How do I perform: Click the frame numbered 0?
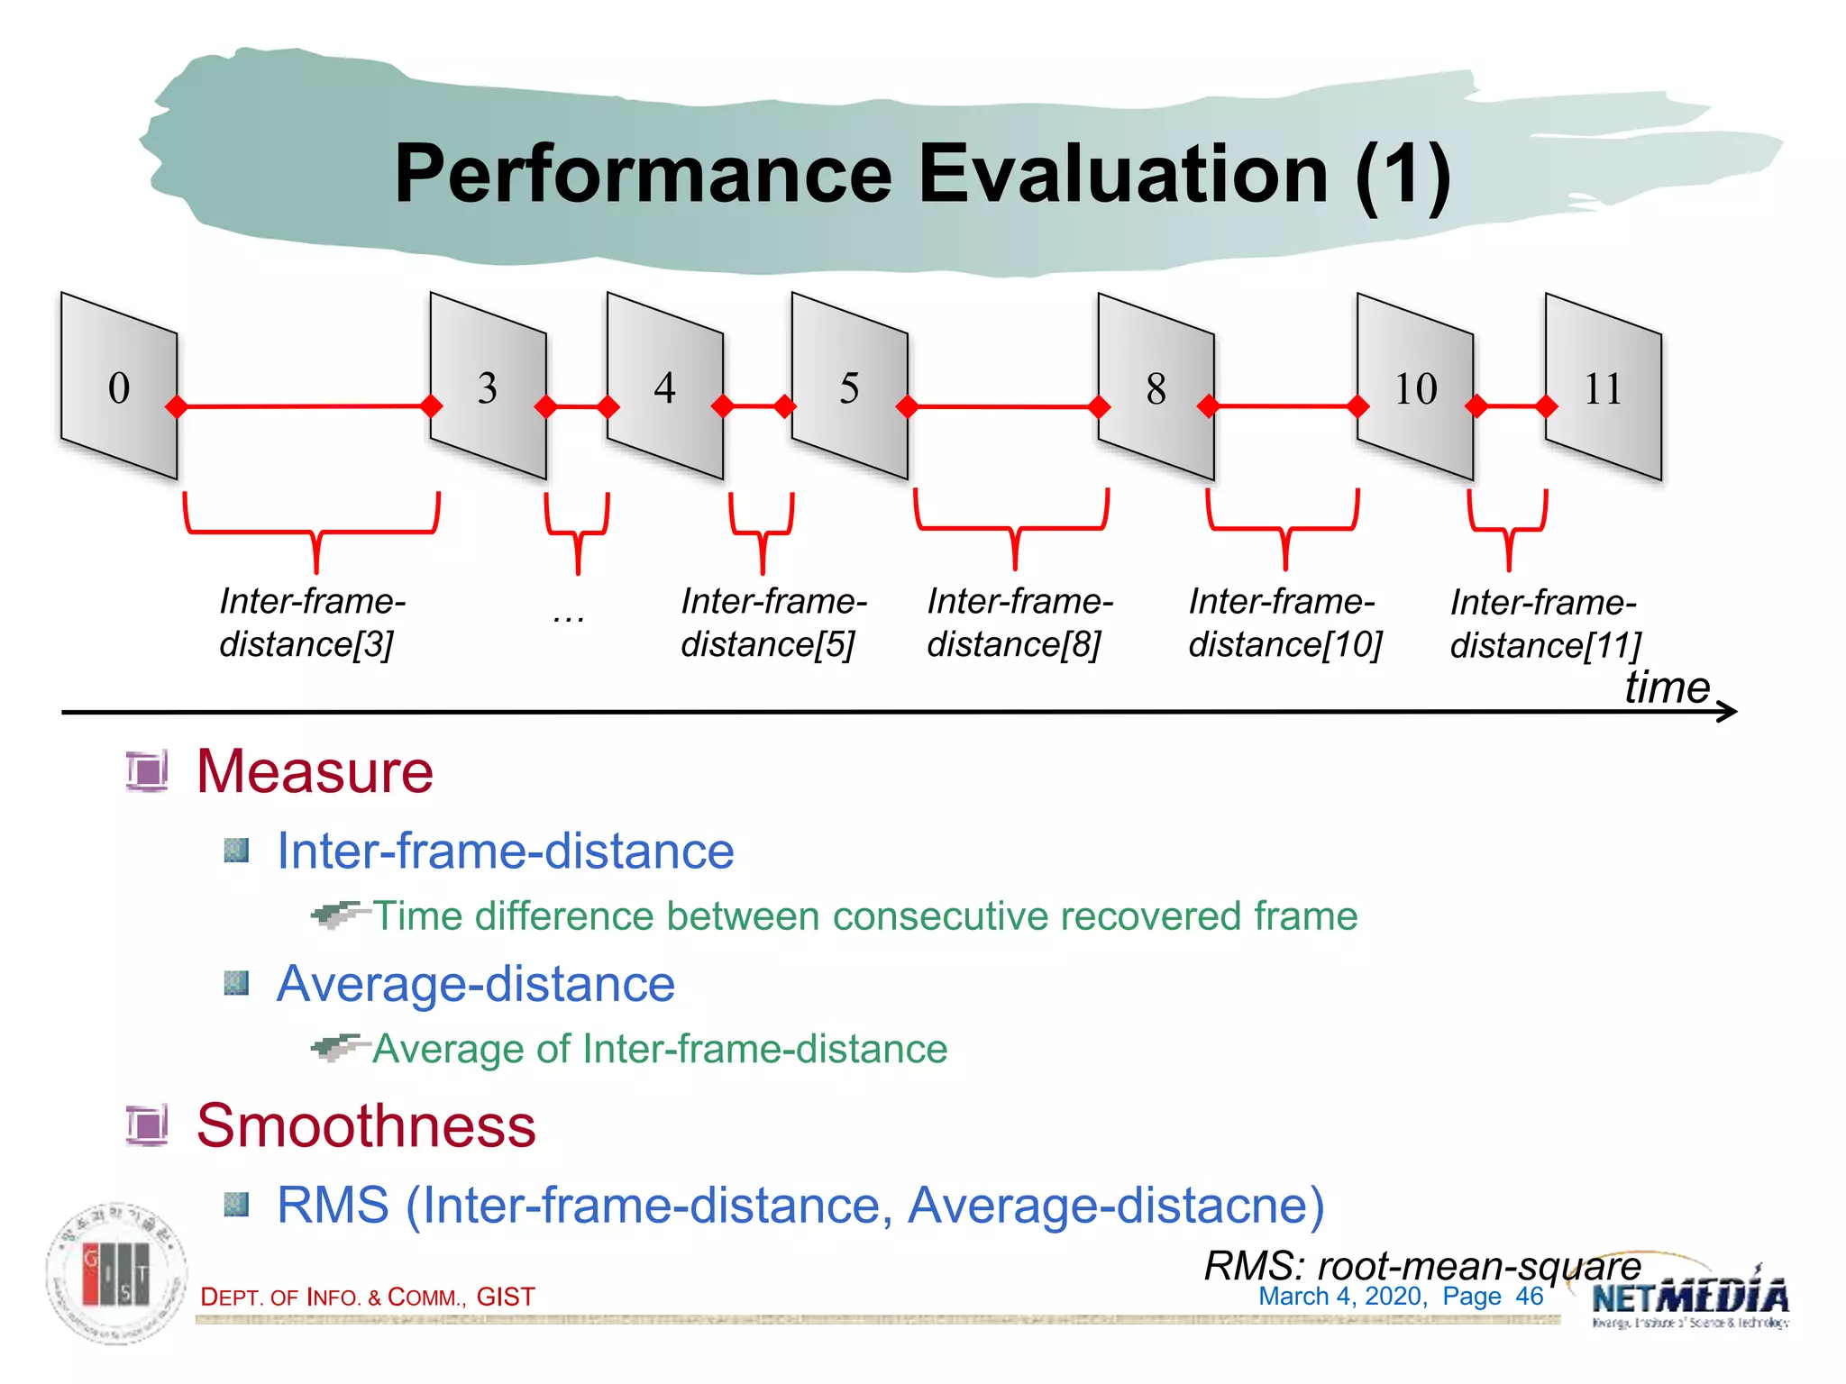[118, 387]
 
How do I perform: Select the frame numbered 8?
[1156, 388]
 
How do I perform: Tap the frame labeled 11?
[1603, 388]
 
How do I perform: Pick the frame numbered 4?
[664, 387]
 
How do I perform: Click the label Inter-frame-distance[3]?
[311, 623]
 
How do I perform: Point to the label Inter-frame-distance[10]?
[1284, 623]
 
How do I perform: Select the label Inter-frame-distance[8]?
[1019, 623]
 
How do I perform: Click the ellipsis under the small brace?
[569, 617]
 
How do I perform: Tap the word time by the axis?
[1666, 687]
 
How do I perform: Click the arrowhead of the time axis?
[1729, 712]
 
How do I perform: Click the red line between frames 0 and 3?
[304, 406]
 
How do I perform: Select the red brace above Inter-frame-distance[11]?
[1508, 527]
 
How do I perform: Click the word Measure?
[315, 771]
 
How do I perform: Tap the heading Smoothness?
[366, 1125]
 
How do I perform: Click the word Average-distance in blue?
[475, 983]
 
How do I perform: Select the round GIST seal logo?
[116, 1273]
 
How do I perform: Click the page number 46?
[1529, 1297]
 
